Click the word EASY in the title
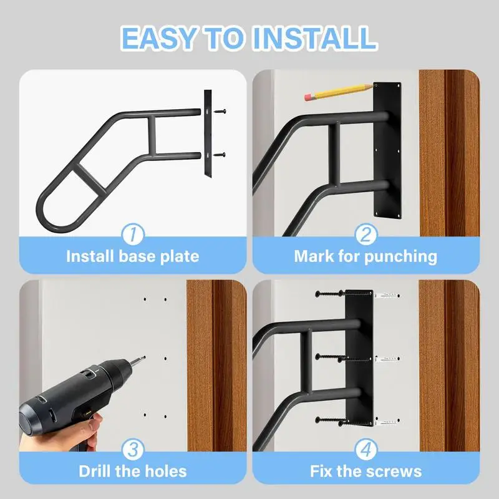[158, 38]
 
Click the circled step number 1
[133, 235]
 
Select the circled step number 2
[366, 235]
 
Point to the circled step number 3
[133, 449]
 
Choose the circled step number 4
[366, 449]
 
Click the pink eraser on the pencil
[308, 97]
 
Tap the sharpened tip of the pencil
[372, 86]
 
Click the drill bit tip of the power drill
[144, 357]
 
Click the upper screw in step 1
[220, 112]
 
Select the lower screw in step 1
[220, 155]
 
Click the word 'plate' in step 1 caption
[180, 256]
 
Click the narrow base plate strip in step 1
[208, 133]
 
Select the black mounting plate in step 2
[387, 151]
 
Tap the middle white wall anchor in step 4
[387, 359]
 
